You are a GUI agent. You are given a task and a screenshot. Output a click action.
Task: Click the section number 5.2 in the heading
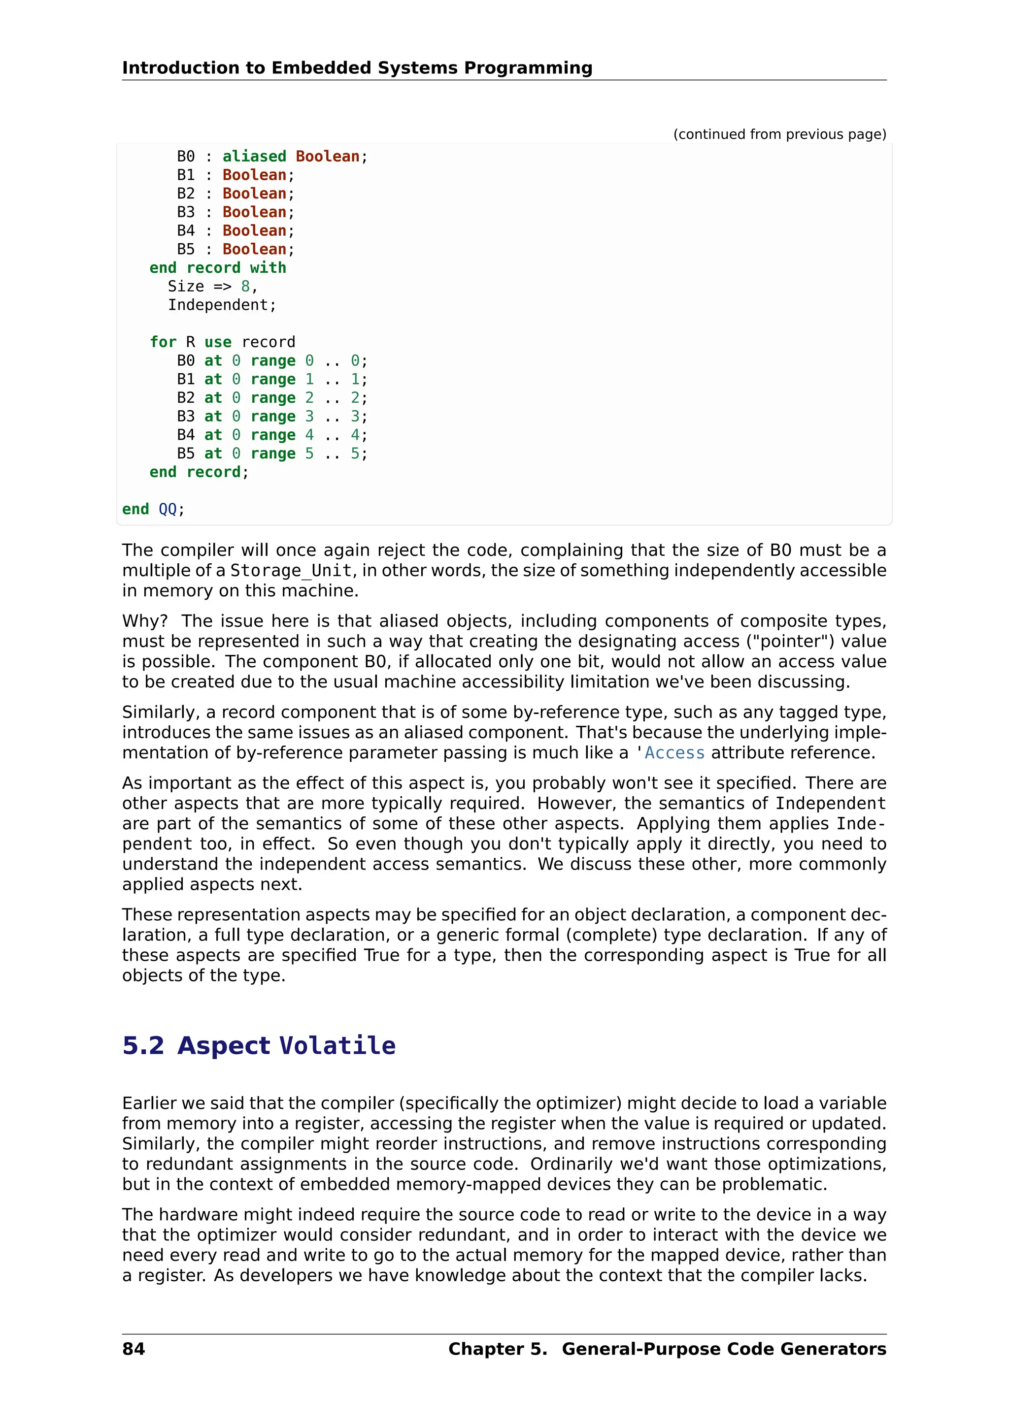pyautogui.click(x=143, y=1045)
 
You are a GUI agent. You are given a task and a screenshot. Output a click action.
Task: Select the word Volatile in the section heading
pyautogui.click(x=337, y=1045)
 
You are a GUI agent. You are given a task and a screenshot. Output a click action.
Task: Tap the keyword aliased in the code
pyautogui.click(x=254, y=157)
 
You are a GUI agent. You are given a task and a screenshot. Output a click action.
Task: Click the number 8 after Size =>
pyautogui.click(x=245, y=286)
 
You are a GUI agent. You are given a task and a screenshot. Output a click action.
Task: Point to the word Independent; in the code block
pyautogui.click(x=221, y=305)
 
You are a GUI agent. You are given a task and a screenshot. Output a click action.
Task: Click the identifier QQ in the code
pyautogui.click(x=168, y=509)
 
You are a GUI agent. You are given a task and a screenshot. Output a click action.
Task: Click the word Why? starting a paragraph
pyautogui.click(x=145, y=621)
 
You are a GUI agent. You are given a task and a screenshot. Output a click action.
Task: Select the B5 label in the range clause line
pyautogui.click(x=185, y=454)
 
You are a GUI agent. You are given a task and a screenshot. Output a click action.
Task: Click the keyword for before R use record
pyautogui.click(x=163, y=342)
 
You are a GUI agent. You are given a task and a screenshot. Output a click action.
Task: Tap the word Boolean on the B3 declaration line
pyautogui.click(x=254, y=212)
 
